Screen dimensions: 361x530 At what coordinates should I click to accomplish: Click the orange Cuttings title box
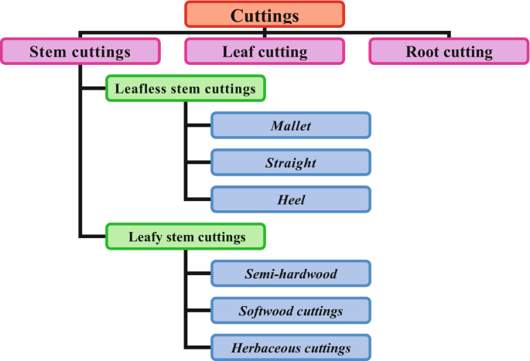(x=265, y=15)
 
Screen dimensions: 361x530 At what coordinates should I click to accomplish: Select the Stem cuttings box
(x=80, y=52)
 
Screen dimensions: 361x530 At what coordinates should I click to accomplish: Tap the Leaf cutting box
(x=265, y=52)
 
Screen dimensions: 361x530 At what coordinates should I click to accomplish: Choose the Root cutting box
(x=449, y=52)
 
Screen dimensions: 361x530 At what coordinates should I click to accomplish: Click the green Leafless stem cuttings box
(x=185, y=89)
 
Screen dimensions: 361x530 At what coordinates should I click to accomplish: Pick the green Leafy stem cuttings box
(x=185, y=236)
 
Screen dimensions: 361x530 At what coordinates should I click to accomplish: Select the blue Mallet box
(x=291, y=125)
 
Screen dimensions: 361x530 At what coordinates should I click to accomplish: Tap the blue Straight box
(x=291, y=162)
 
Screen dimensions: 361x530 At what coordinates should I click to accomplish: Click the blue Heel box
(x=291, y=199)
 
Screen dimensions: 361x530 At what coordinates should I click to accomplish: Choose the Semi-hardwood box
(x=291, y=273)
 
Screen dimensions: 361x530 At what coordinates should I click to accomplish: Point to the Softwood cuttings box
(x=291, y=311)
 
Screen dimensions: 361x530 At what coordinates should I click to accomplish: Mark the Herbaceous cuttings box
(x=291, y=348)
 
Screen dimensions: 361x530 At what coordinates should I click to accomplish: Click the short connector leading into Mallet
(x=198, y=125)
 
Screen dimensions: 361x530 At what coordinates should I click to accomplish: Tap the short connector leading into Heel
(x=198, y=199)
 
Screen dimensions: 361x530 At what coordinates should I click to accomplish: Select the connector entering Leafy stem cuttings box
(x=93, y=236)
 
